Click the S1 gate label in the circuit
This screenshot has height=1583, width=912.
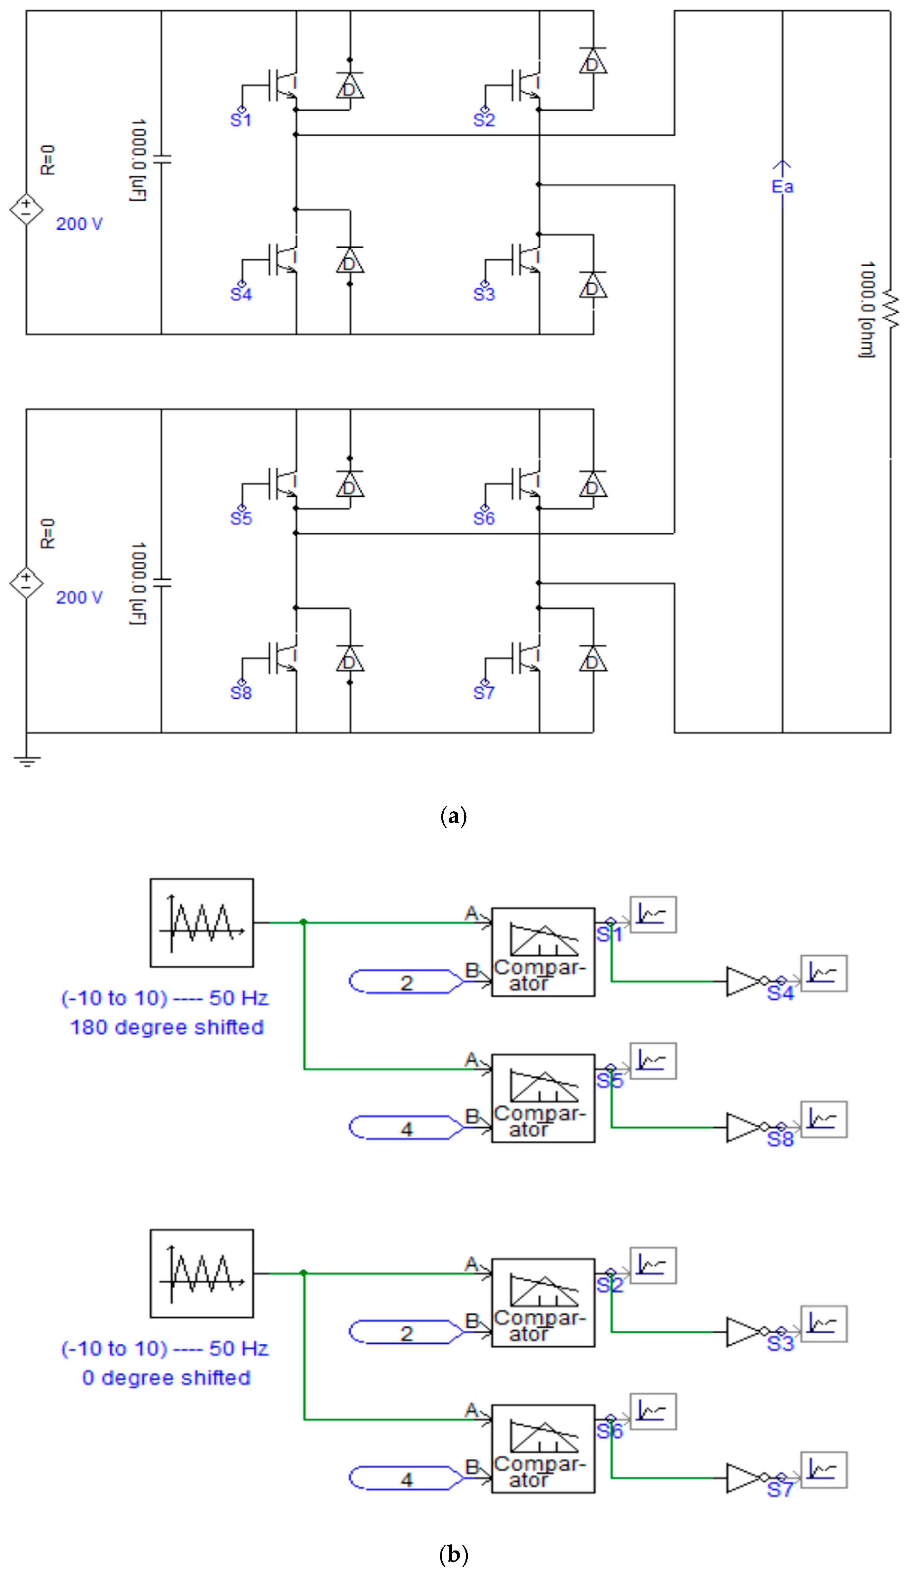click(x=240, y=120)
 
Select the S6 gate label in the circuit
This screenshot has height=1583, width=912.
click(x=483, y=518)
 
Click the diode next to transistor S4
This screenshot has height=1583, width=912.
click(x=349, y=262)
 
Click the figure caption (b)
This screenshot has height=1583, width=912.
click(x=454, y=1554)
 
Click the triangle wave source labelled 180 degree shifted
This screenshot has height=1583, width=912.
click(x=202, y=923)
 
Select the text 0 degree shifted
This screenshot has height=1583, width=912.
click(x=167, y=1377)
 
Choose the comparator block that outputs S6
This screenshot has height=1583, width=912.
click(x=542, y=1448)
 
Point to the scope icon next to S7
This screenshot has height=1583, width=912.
click(x=824, y=1470)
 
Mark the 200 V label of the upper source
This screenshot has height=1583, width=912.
click(x=79, y=224)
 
